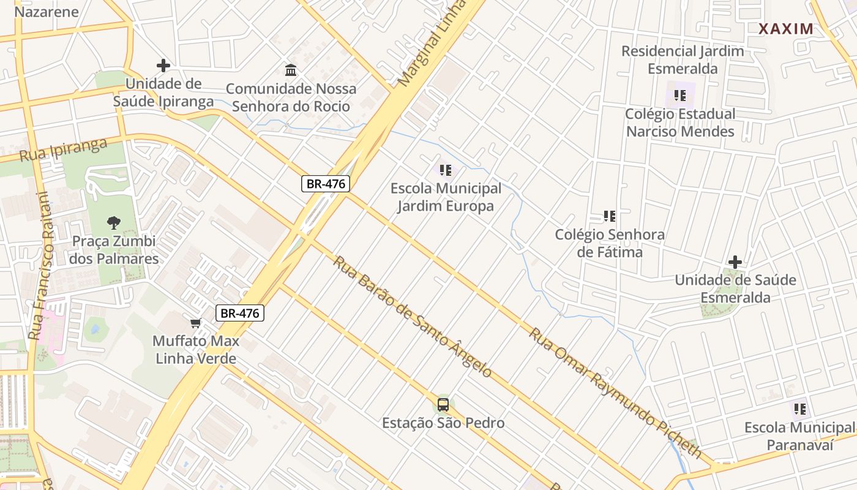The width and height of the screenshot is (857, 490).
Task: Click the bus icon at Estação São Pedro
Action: [443, 405]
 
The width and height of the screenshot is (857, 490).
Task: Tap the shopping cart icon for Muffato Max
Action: [196, 323]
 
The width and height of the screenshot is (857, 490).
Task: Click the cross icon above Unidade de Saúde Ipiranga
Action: [163, 65]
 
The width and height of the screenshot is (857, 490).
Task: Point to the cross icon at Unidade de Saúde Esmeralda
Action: [735, 262]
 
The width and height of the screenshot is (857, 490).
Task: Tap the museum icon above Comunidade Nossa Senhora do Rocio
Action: [291, 70]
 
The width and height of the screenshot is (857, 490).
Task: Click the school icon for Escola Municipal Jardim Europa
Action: [446, 170]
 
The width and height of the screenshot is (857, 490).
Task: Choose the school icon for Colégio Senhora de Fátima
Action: [609, 216]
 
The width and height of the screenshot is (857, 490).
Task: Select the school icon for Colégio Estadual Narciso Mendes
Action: [679, 96]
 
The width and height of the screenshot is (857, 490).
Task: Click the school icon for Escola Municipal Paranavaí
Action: [799, 409]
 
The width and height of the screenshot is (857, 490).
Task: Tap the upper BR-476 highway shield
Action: [325, 184]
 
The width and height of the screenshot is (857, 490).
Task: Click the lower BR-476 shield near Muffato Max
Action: [240, 313]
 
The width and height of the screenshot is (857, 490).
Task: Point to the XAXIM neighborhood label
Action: [786, 29]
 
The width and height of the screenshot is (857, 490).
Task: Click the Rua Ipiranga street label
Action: [63, 149]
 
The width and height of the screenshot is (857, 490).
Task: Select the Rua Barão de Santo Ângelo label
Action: [412, 316]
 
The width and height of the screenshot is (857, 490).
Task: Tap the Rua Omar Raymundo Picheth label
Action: [615, 393]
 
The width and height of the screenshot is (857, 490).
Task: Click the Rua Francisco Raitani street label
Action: [38, 266]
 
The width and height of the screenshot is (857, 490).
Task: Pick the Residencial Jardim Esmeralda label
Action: [683, 59]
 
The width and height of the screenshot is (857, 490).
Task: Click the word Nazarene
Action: [47, 12]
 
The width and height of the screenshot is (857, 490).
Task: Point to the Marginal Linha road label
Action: [431, 43]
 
